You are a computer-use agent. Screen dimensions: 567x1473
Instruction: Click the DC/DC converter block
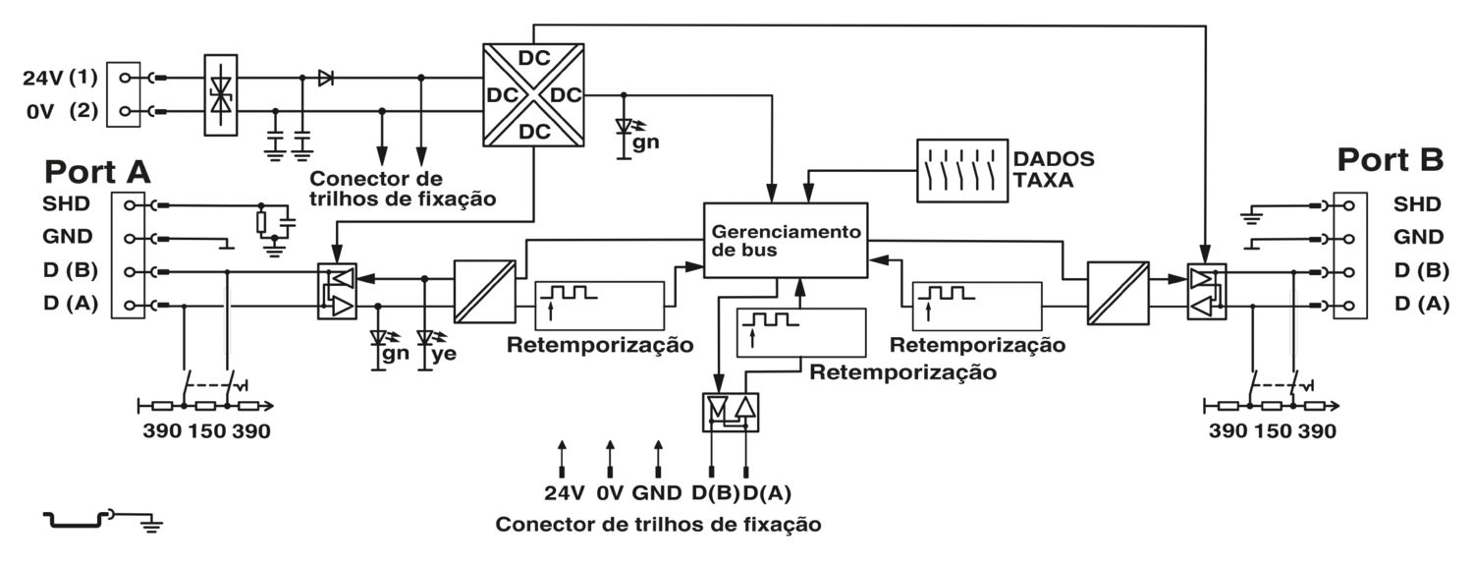533,95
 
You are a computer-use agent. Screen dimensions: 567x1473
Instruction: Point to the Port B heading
1391,160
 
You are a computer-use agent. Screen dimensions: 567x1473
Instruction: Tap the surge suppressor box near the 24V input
221,93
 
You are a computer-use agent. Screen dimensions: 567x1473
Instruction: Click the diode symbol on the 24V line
325,78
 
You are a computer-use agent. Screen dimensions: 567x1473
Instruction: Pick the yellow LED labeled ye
426,340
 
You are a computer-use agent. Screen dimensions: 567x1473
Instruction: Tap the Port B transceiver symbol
1204,292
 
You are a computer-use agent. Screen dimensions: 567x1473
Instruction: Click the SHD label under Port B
1417,204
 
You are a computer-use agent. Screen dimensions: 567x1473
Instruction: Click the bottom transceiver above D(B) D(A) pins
732,412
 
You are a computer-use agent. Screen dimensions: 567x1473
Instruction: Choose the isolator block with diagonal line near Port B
1118,292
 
